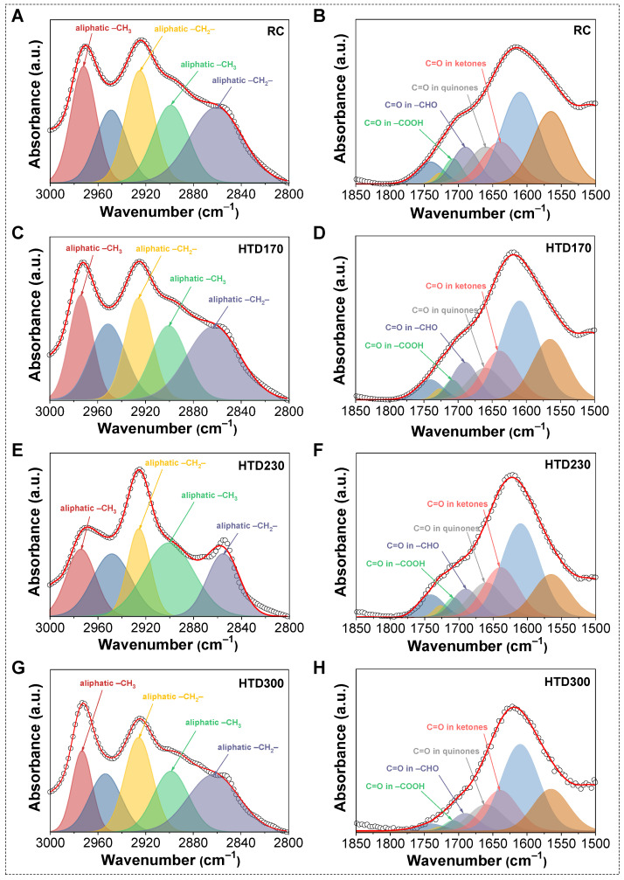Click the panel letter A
[17, 16]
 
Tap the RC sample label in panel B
[582, 31]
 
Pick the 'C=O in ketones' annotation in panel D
[455, 287]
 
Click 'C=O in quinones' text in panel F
[446, 529]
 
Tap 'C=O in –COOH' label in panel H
[395, 786]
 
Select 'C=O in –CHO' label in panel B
[411, 105]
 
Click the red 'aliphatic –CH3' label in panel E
[88, 509]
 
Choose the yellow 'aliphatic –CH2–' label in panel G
[173, 697]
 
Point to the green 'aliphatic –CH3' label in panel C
[198, 279]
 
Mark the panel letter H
[319, 670]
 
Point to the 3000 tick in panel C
[50, 412]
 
